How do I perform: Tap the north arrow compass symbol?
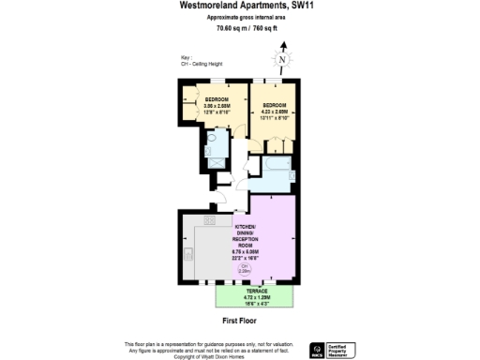(x=282, y=61)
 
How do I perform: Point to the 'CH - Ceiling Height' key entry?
(x=200, y=67)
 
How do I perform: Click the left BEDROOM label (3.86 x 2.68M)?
(x=205, y=105)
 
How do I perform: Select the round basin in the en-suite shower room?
(x=212, y=139)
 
